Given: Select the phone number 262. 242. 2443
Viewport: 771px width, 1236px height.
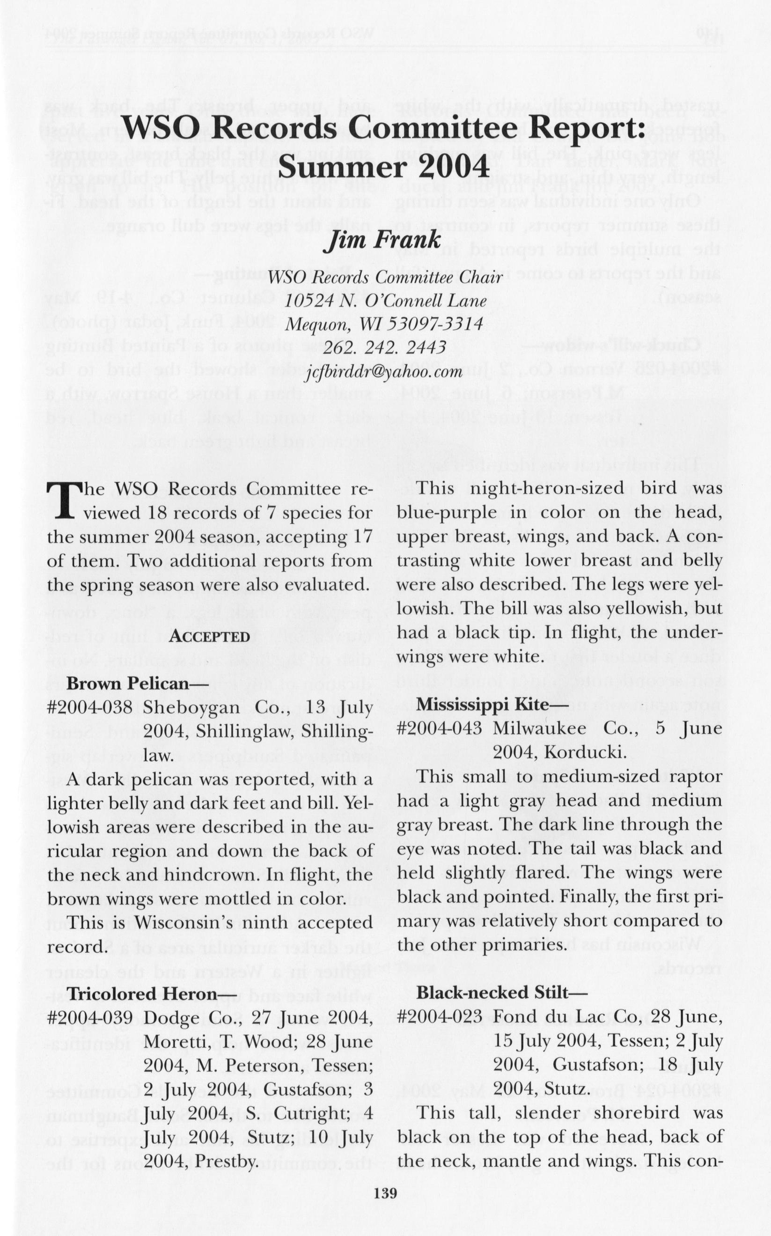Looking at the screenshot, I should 384,348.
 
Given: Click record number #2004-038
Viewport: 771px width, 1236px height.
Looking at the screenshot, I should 89,707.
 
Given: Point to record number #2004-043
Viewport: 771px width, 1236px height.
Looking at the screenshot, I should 439,728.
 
